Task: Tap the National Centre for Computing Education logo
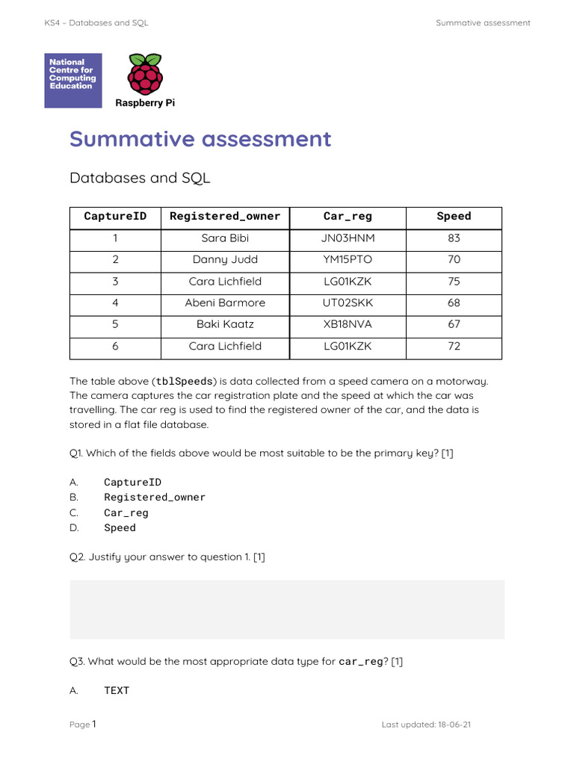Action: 73,80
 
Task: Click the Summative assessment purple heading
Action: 200,139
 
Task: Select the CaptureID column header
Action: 115,217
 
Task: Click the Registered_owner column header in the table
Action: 225,217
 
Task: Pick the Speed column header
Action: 454,217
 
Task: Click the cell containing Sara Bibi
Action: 225,238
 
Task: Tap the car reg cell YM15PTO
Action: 347,260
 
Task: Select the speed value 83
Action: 454,238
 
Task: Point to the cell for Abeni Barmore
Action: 225,303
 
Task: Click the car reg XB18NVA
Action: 347,324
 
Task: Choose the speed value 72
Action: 454,346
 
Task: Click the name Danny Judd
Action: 225,260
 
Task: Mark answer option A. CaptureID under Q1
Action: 132,483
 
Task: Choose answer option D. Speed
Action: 120,528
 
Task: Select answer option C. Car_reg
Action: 126,513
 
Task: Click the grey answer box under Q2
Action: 287,610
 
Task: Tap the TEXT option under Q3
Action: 117,691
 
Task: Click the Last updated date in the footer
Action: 455,725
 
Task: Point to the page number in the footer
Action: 94,724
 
